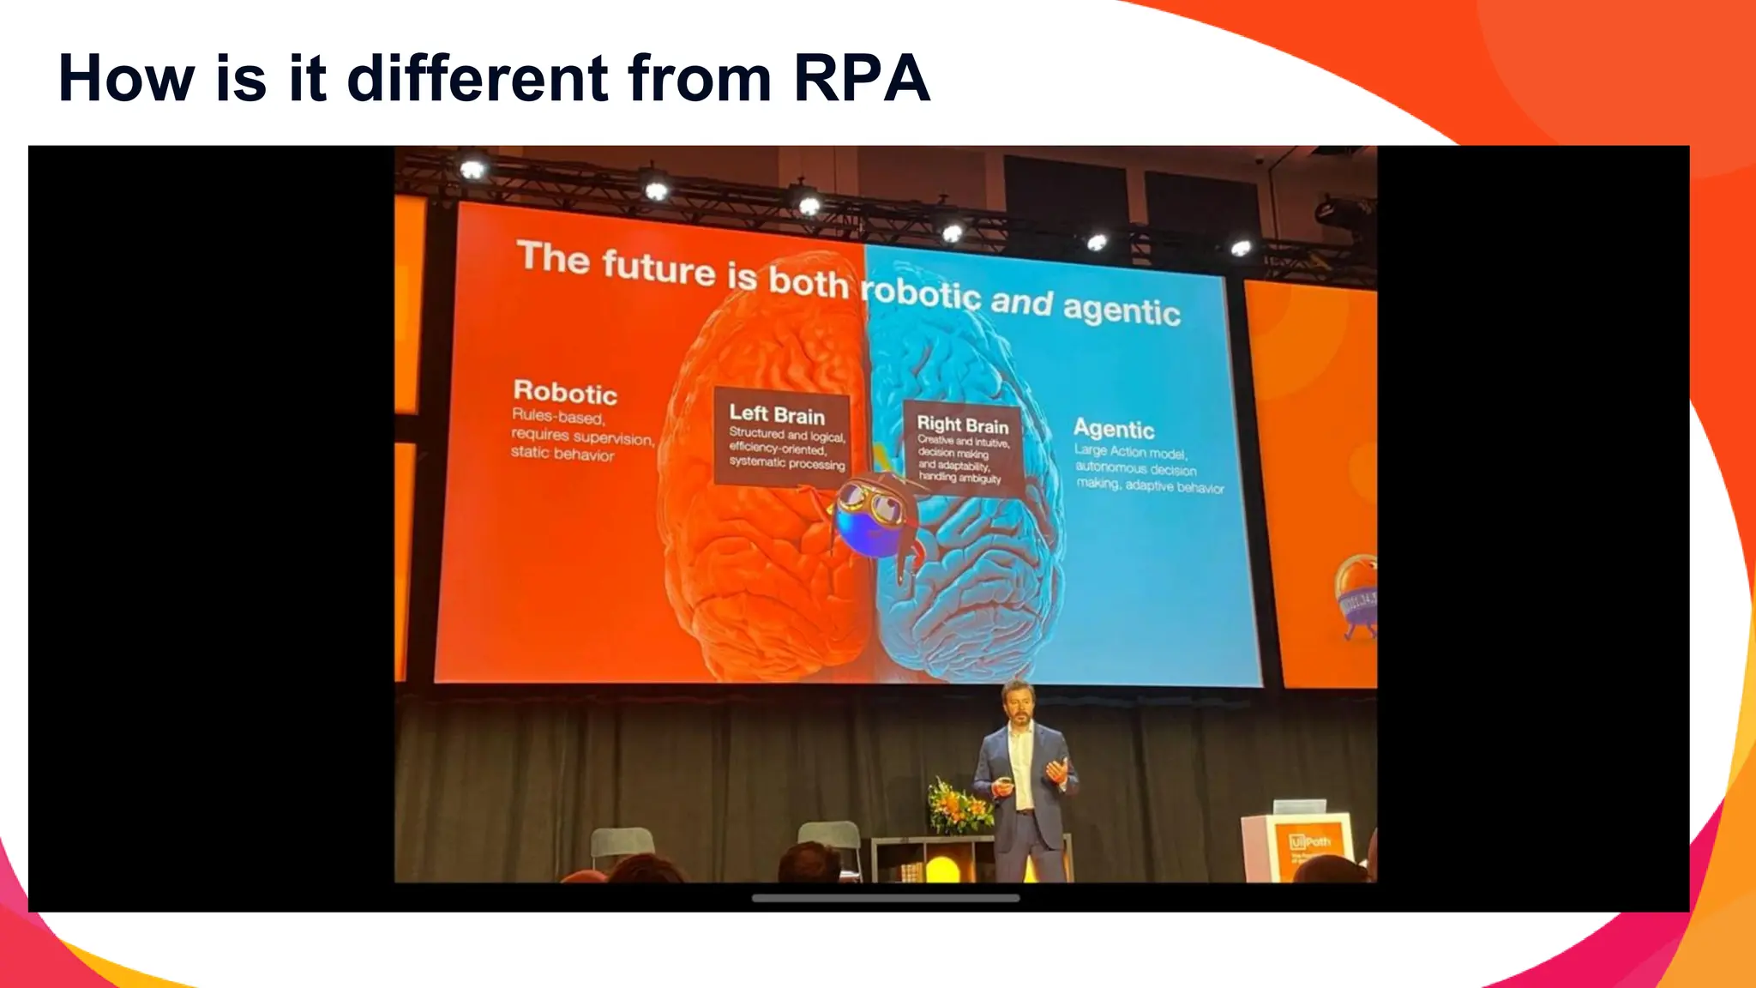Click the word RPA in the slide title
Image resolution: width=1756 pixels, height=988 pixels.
tap(861, 79)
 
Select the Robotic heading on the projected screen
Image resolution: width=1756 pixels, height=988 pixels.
tap(565, 393)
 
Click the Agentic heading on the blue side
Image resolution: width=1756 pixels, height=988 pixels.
tap(1114, 428)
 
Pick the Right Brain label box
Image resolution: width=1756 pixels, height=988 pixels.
tap(962, 449)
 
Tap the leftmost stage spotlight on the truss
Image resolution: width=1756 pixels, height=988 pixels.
tap(472, 169)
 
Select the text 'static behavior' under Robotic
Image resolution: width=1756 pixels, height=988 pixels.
tap(562, 454)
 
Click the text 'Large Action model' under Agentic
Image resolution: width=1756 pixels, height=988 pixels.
tap(1130, 452)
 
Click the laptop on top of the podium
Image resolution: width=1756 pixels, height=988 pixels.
tap(1299, 807)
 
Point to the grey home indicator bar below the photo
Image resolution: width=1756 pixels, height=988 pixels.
tap(885, 898)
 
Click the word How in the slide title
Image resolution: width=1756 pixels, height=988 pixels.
tap(126, 79)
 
